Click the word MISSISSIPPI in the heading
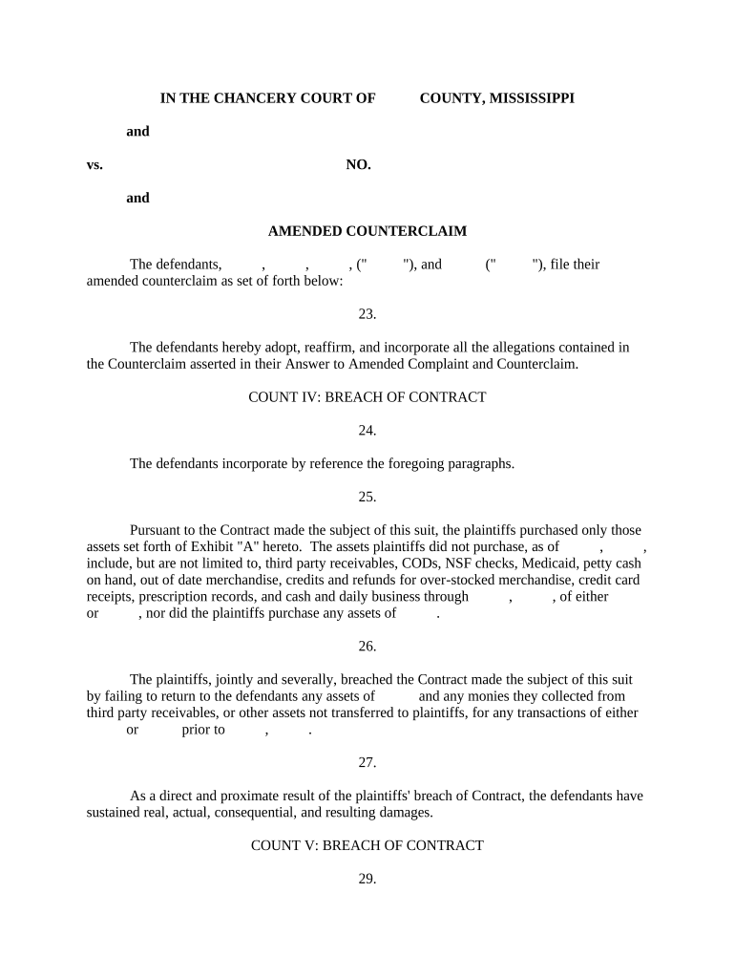point(532,97)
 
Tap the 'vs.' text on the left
point(94,164)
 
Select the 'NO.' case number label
point(358,164)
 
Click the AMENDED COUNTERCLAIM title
point(367,231)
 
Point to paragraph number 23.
point(367,313)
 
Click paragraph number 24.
point(367,430)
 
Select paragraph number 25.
point(367,497)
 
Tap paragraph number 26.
point(367,647)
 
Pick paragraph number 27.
point(367,762)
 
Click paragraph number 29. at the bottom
point(367,879)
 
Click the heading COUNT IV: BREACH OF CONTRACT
point(367,396)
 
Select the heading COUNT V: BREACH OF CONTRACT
point(367,845)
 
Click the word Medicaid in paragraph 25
point(552,563)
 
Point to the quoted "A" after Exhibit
point(261,547)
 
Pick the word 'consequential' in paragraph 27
point(258,813)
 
